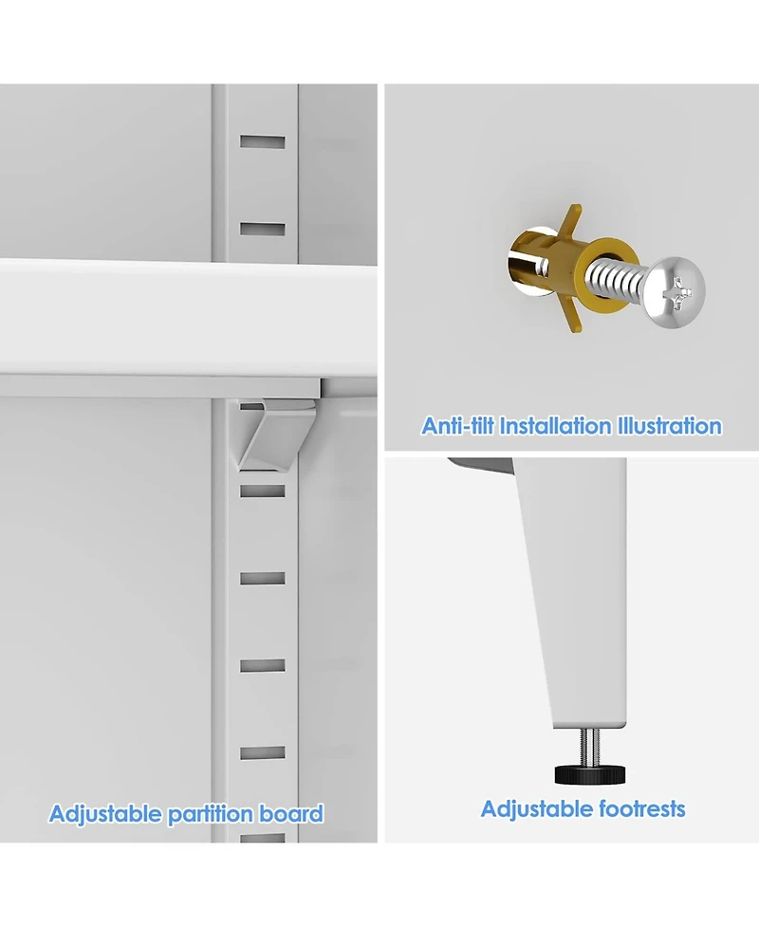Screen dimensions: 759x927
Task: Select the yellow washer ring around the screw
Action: [x=604, y=269]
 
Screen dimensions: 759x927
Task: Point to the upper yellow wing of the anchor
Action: [x=571, y=222]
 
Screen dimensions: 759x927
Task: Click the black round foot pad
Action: [x=589, y=774]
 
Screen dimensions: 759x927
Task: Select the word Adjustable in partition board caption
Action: [x=104, y=814]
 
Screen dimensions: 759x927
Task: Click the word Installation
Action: [x=555, y=426]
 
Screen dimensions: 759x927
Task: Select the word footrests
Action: [x=642, y=808]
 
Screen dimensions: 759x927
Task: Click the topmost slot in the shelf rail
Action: [x=263, y=142]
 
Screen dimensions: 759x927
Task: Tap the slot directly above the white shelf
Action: [x=263, y=229]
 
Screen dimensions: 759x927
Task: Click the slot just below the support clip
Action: [x=263, y=491]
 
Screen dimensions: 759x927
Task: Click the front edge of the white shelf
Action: [x=189, y=316]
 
